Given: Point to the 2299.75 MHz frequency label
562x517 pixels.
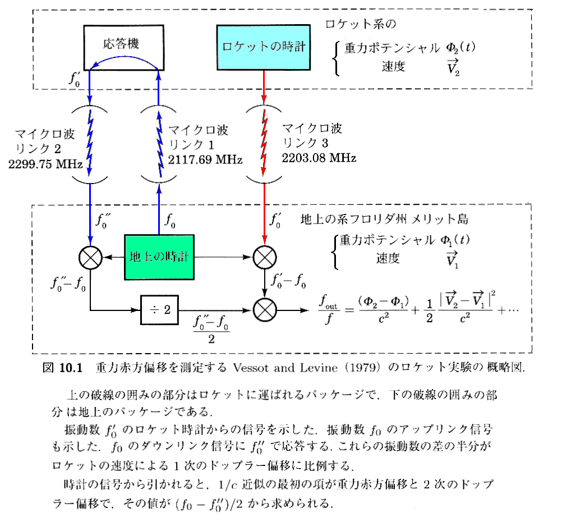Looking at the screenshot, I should (46, 165).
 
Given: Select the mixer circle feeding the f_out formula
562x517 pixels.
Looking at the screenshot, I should (264, 309).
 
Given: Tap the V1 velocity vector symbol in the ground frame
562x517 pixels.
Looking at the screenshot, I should (452, 260).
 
